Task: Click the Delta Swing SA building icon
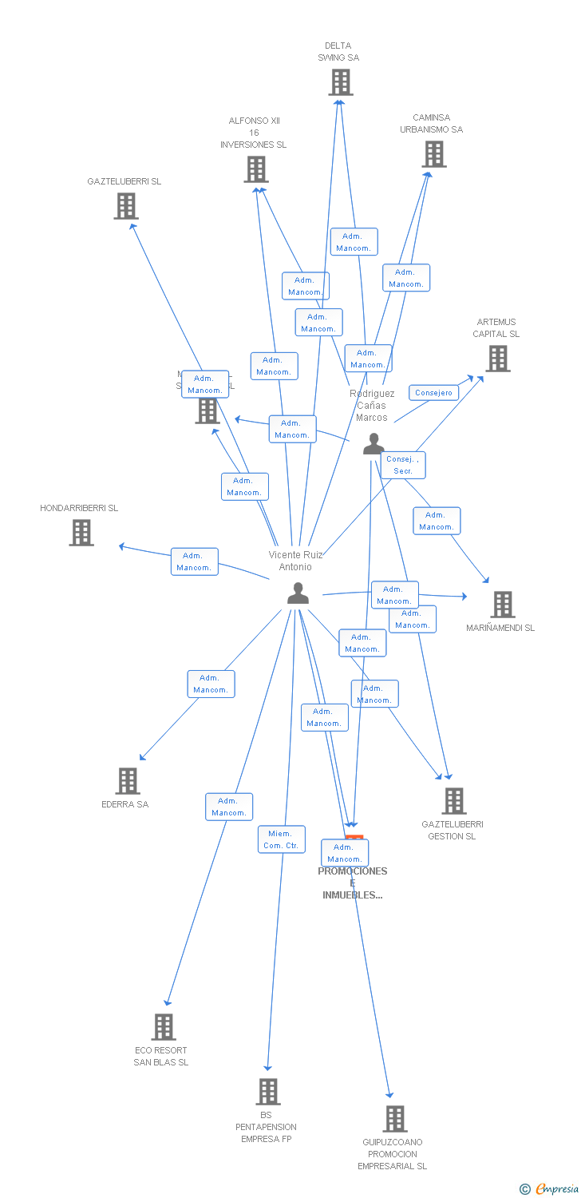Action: coord(341,82)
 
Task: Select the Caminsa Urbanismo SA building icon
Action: coord(434,154)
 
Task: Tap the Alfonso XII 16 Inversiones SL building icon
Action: coord(256,169)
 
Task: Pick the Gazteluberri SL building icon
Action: coord(126,206)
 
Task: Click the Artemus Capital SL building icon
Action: coord(498,359)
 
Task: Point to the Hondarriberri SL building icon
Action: coord(81,533)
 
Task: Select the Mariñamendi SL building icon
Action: coord(502,605)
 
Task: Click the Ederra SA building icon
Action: coord(128,781)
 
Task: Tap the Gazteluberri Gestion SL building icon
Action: coord(453,800)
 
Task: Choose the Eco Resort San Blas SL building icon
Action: coord(163,1027)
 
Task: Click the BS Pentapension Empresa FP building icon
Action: coord(267,1092)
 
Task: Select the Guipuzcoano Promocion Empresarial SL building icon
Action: coord(394,1119)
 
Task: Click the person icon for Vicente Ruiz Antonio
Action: coord(298,593)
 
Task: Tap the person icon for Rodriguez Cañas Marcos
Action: coord(373,444)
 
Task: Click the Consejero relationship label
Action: coord(434,393)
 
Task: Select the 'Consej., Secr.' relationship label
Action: coord(403,465)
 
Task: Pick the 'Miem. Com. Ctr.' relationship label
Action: coord(281,839)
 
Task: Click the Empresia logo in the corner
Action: coord(550,1189)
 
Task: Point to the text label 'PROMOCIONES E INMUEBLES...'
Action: coord(353,883)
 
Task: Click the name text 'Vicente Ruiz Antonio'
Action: coord(296,561)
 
